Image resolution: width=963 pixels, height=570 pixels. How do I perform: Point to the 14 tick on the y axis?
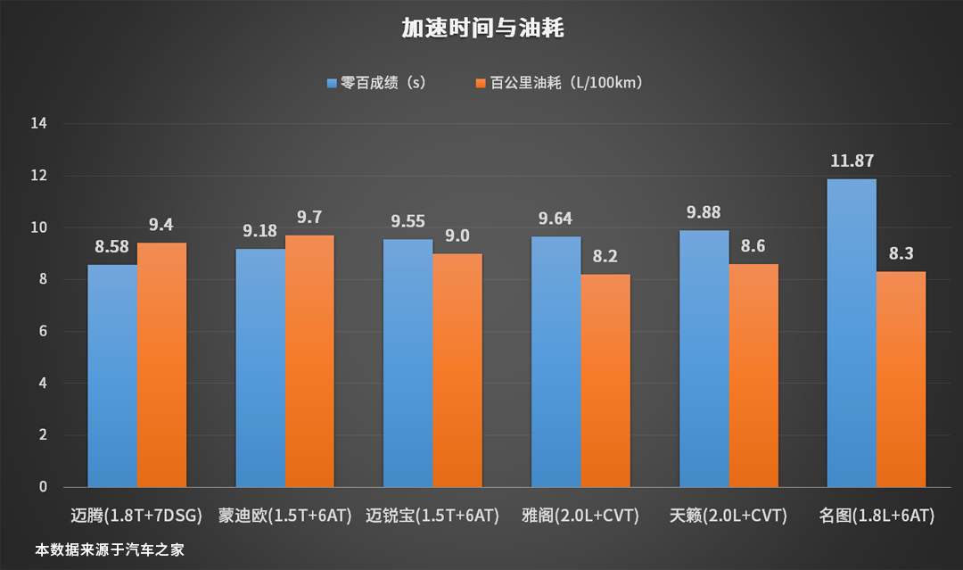click(x=39, y=124)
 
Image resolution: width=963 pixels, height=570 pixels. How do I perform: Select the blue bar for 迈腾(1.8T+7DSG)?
click(x=111, y=375)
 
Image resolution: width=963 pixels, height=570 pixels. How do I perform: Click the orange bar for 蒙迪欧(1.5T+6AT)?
click(x=309, y=361)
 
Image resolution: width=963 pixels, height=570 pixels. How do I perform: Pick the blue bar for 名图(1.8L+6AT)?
click(x=851, y=333)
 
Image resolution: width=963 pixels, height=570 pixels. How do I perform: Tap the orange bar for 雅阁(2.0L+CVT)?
click(x=605, y=381)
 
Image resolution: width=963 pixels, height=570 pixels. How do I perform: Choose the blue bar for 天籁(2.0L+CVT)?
click(x=703, y=359)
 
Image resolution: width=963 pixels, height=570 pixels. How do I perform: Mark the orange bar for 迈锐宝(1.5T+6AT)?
click(x=457, y=370)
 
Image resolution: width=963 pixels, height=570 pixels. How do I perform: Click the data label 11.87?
click(x=851, y=161)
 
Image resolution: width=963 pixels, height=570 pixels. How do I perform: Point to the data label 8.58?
click(x=111, y=247)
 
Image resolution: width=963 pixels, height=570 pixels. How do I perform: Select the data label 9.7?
click(x=309, y=218)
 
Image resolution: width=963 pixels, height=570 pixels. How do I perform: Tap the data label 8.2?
click(x=605, y=257)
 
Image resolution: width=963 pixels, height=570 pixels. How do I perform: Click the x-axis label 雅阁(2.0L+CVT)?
click(x=580, y=516)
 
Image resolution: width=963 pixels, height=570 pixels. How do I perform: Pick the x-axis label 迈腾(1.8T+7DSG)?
click(x=136, y=516)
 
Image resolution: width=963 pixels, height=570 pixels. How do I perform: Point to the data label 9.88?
click(x=703, y=213)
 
